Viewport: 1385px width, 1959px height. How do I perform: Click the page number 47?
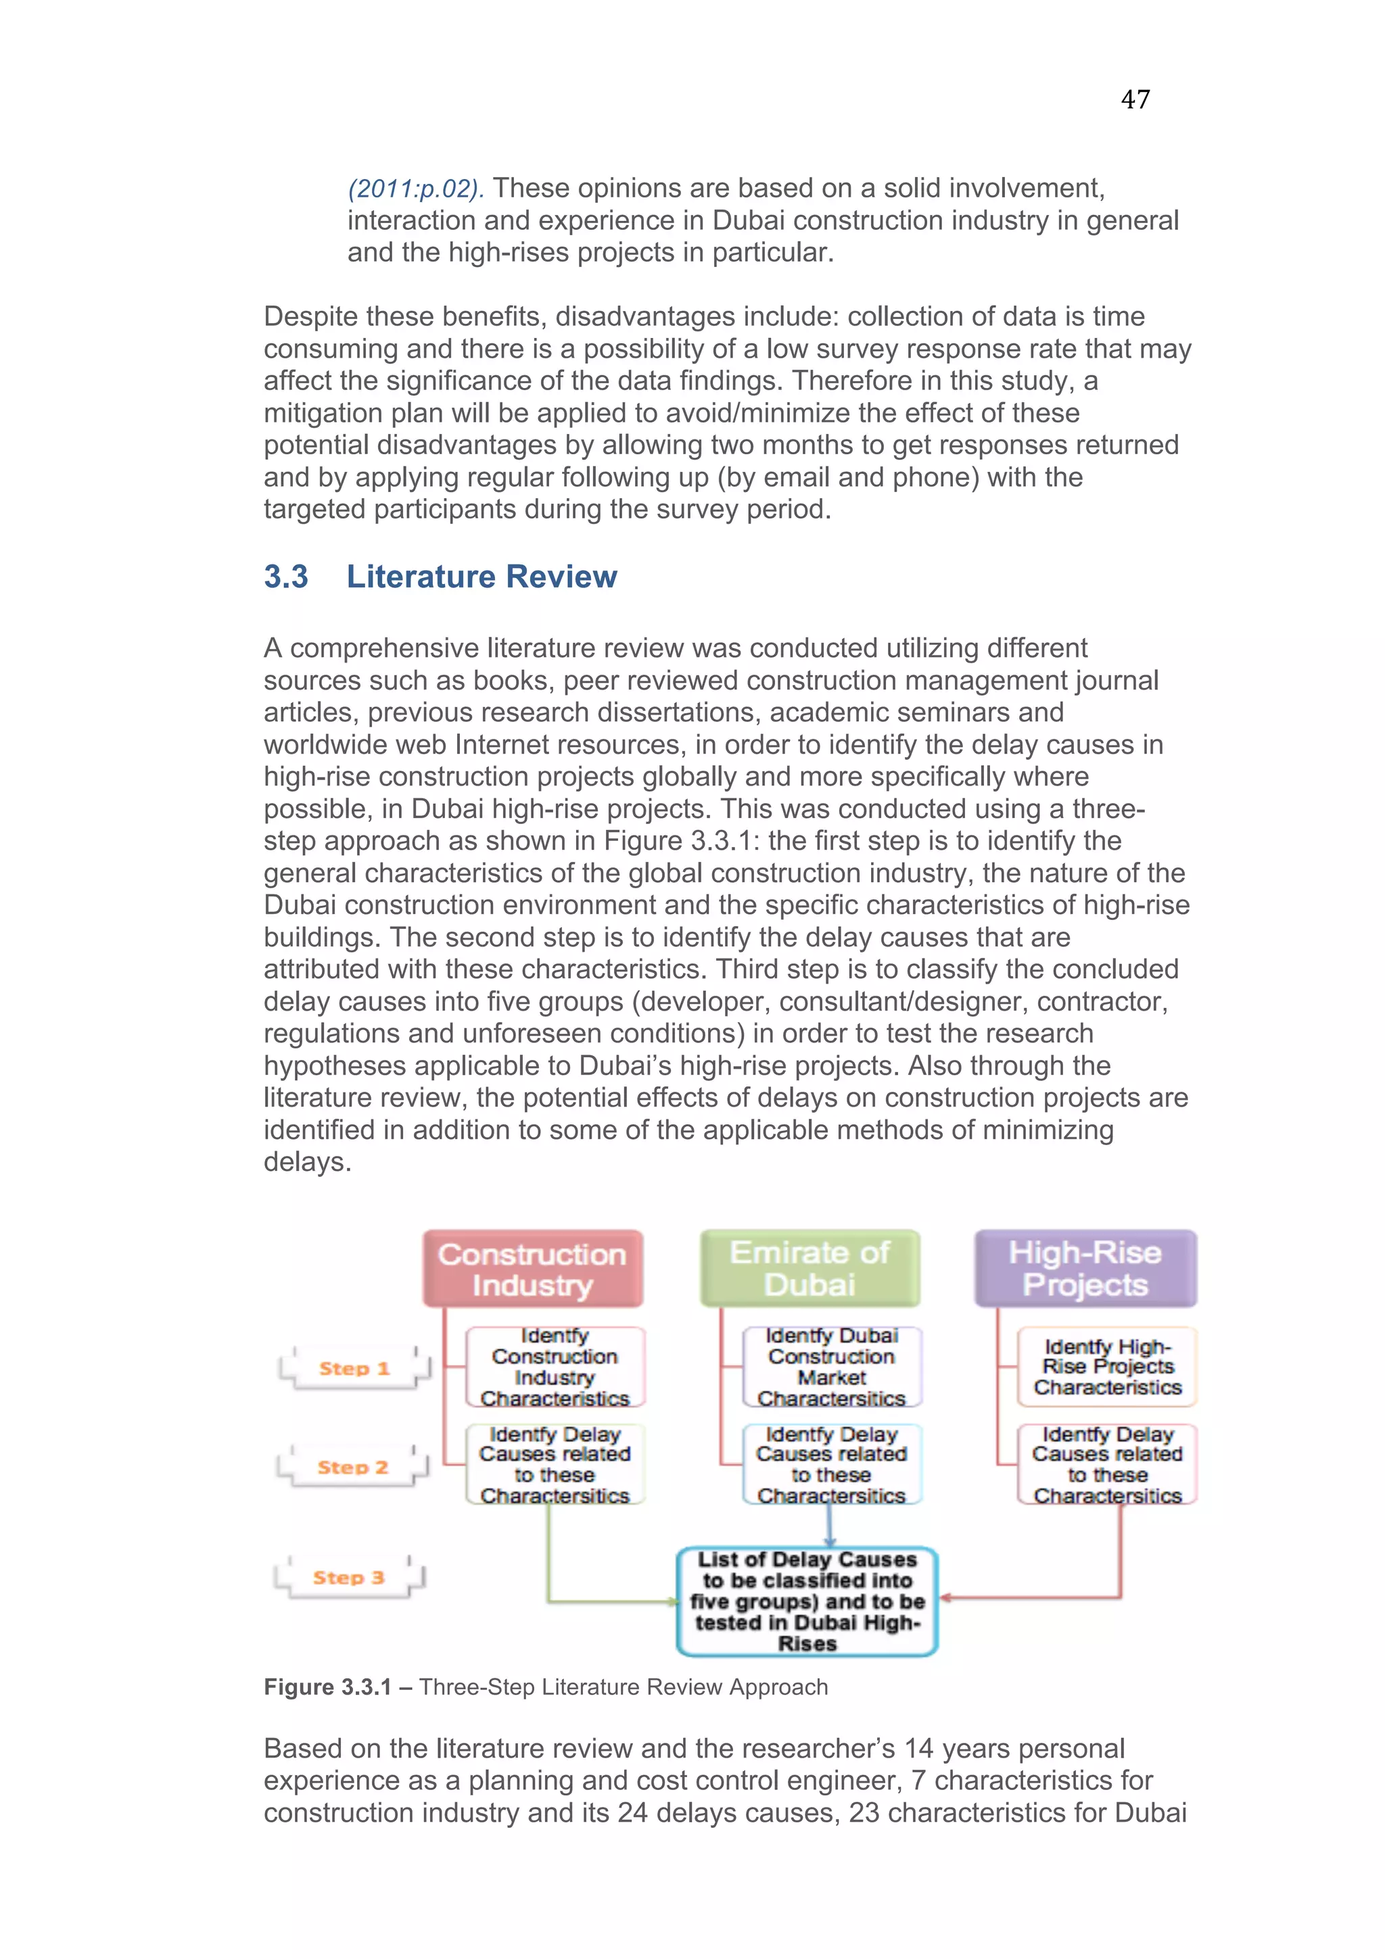(x=1135, y=100)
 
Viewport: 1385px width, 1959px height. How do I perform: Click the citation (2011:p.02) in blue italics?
(x=416, y=189)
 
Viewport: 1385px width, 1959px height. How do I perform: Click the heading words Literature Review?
(x=482, y=577)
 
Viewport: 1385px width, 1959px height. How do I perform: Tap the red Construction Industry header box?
(x=532, y=1269)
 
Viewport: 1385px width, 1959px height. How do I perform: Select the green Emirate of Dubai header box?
(x=810, y=1268)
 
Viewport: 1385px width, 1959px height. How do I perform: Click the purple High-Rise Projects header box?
(x=1085, y=1268)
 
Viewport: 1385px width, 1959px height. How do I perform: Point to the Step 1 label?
(x=354, y=1369)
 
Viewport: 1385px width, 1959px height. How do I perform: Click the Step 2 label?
(x=352, y=1468)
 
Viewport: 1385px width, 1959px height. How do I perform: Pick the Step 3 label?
(x=349, y=1578)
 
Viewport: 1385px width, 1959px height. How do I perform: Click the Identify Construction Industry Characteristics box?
(x=555, y=1367)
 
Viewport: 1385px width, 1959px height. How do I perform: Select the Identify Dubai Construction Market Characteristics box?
(x=832, y=1367)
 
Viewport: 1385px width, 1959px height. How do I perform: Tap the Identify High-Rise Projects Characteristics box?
(x=1107, y=1367)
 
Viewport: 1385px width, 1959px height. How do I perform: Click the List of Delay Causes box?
(x=807, y=1601)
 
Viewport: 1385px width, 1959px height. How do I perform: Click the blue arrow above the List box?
(x=830, y=1527)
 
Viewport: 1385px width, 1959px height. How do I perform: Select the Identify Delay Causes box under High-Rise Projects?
(x=1107, y=1465)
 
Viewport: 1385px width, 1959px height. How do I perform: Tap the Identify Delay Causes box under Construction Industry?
(x=555, y=1465)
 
